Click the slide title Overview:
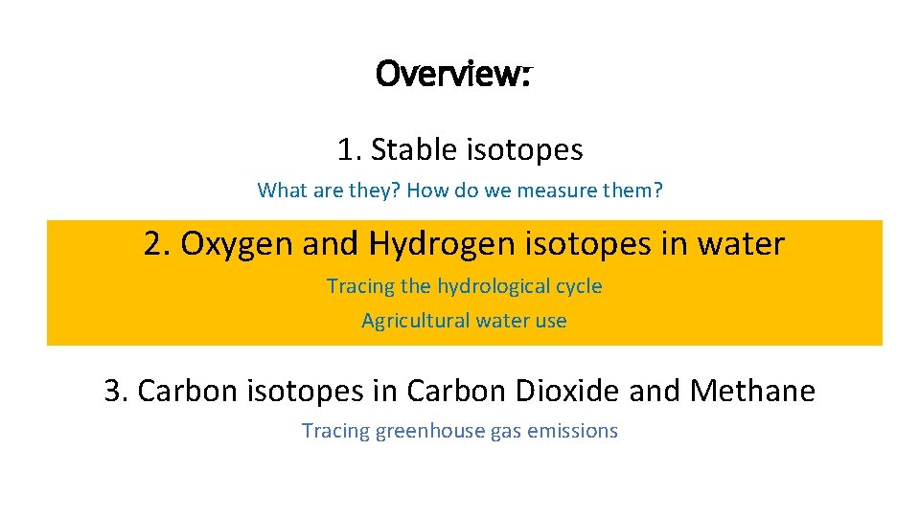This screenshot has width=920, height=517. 454,73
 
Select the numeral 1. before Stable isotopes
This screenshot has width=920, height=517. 348,149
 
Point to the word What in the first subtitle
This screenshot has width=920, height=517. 280,191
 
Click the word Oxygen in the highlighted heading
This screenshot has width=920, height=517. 238,245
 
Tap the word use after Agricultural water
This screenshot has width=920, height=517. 551,321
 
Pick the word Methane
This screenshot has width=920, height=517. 752,391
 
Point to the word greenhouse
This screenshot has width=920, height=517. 431,431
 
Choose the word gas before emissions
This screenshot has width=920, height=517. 505,432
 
